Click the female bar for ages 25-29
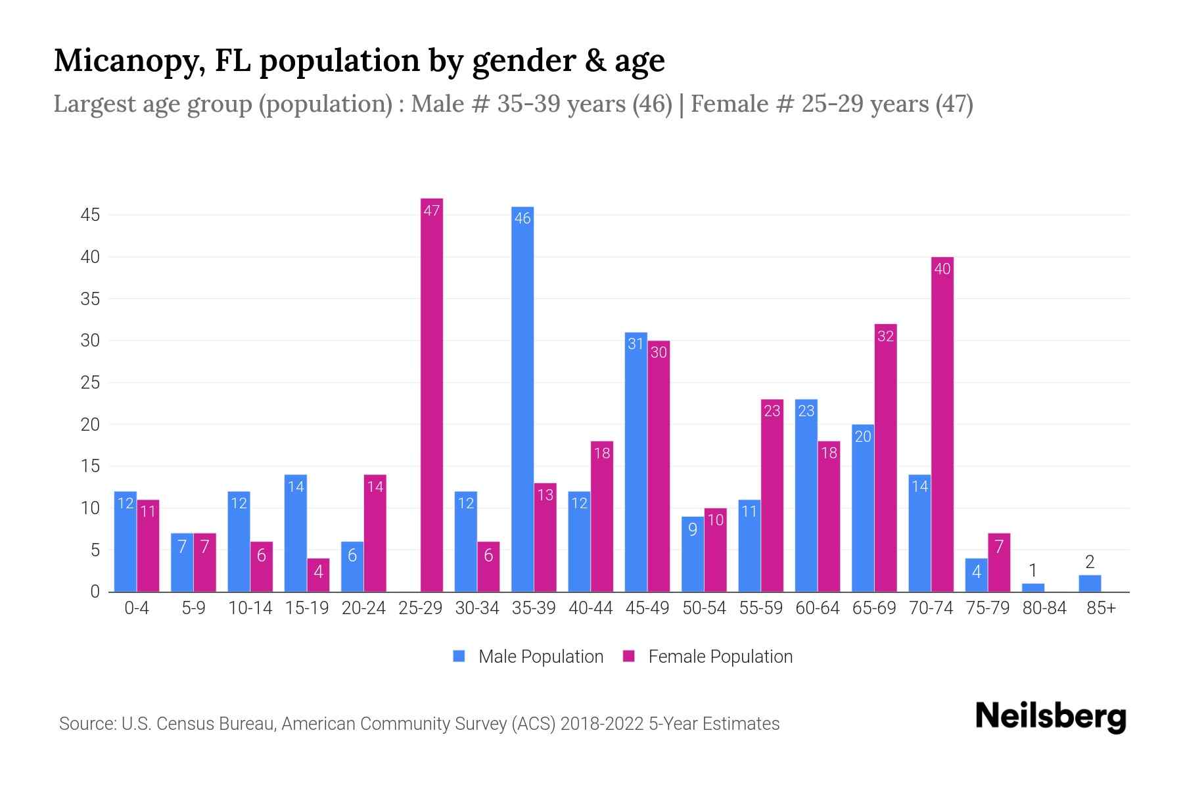[x=432, y=394]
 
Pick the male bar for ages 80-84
[x=1033, y=587]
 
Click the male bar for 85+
[x=1090, y=583]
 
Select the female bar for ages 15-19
[x=318, y=575]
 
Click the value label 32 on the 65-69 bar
[x=885, y=336]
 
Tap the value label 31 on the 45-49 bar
[x=636, y=344]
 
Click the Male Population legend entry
[x=528, y=656]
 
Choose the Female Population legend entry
[x=708, y=656]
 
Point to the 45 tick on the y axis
[x=90, y=215]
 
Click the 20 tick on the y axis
[x=90, y=425]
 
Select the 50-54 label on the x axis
[x=704, y=608]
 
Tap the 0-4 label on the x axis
[x=137, y=608]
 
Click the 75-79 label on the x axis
[x=988, y=608]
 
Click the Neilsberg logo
[x=1050, y=717]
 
